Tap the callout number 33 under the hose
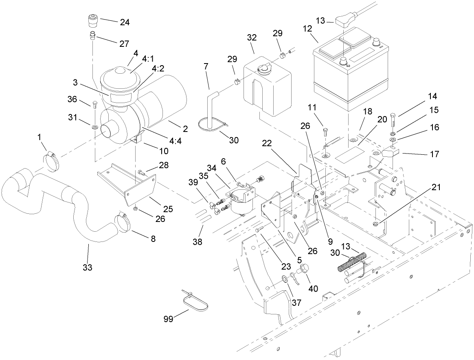(x=88, y=267)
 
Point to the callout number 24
(x=125, y=22)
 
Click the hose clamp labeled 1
(x=50, y=160)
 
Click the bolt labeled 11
(x=325, y=132)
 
